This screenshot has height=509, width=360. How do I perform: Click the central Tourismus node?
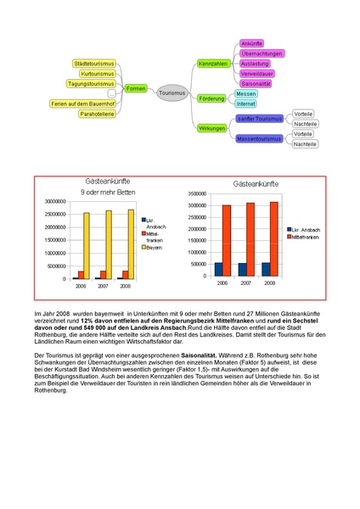pos(172,92)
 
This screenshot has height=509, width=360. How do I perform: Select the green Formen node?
pos(135,88)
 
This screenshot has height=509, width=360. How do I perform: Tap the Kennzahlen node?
pos(212,64)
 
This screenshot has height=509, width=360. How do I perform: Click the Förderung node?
pos(211,98)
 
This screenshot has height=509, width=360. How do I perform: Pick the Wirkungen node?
pos(211,128)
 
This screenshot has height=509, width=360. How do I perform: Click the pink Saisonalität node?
pos(256,84)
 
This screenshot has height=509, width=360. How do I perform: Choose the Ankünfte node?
pos(251,43)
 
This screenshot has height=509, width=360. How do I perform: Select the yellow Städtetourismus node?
pos(93,64)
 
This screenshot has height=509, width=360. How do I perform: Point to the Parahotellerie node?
pos(97,113)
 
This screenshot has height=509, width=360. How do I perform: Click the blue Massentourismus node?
pos(259,138)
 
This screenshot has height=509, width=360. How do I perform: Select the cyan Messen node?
pos(245,93)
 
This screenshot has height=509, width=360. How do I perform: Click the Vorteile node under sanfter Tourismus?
pos(303,114)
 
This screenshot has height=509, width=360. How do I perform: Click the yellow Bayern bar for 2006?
pos(86,245)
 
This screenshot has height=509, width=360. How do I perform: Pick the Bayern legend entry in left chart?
pos(154,247)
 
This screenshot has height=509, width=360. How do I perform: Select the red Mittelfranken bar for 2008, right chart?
pos(273,239)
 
